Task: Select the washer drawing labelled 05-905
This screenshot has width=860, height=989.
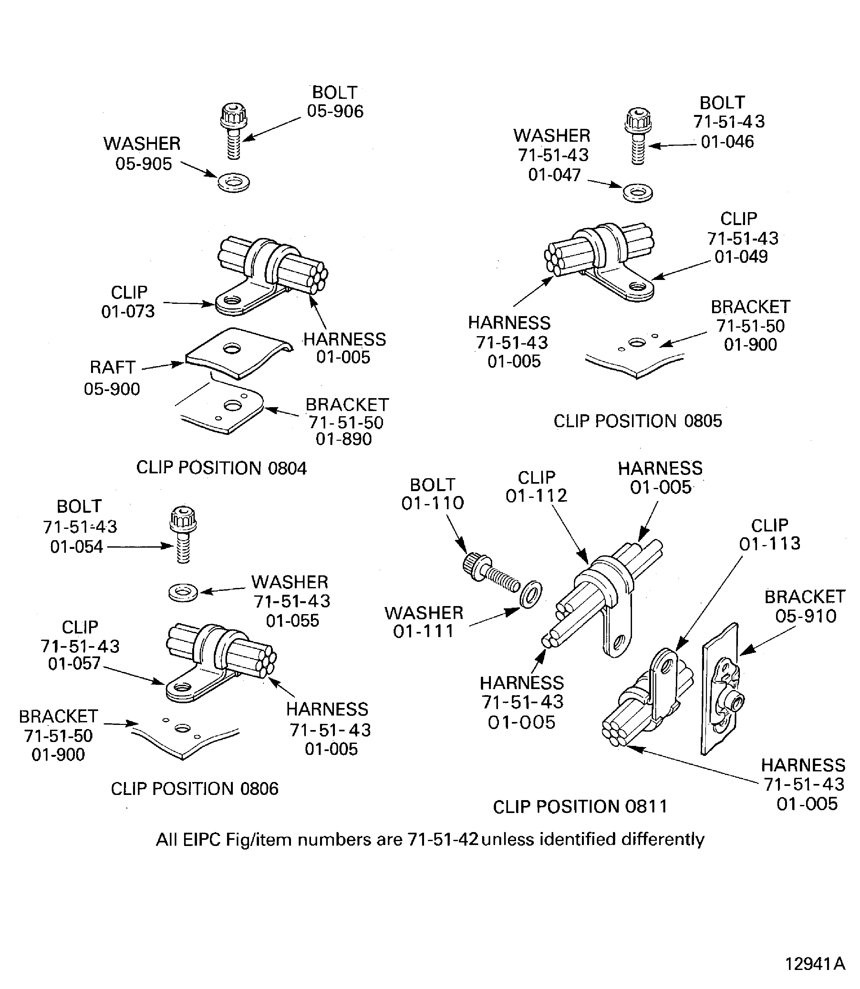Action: [x=234, y=182]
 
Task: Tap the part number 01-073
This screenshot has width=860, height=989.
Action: [x=128, y=312]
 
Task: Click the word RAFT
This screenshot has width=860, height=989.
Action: [x=112, y=367]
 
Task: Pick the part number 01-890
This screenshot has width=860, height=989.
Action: [x=344, y=439]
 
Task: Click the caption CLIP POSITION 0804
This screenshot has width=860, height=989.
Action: [x=221, y=468]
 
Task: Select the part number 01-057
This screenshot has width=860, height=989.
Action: [x=74, y=664]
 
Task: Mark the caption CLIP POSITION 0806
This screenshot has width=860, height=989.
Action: [x=194, y=789]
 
